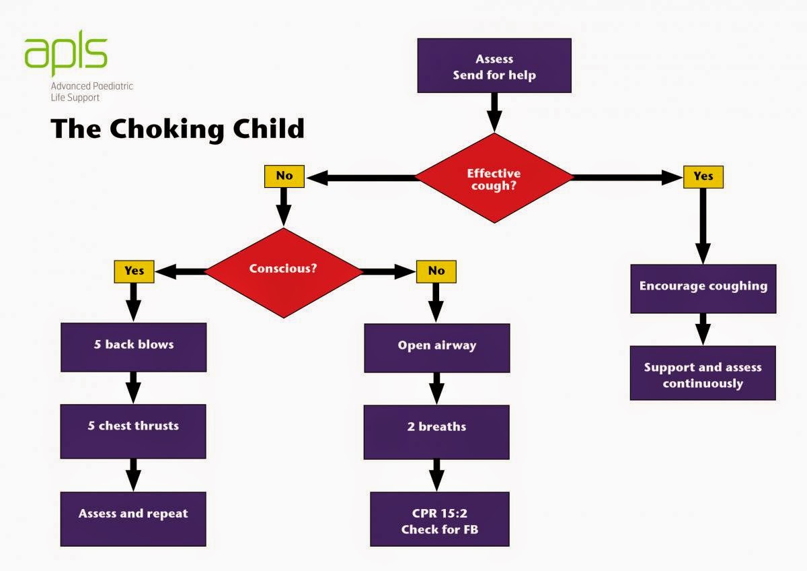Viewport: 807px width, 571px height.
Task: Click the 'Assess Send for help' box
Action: tap(494, 65)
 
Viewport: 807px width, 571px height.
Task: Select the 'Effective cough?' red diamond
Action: tap(494, 178)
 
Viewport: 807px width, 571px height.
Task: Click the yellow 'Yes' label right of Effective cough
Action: tap(703, 176)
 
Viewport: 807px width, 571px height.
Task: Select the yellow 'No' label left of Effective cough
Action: tap(284, 176)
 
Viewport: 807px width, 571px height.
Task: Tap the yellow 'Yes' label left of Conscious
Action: tap(134, 271)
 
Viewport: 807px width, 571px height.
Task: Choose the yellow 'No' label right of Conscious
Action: tap(436, 271)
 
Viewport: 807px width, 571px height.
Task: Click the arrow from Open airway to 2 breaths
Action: tap(436, 389)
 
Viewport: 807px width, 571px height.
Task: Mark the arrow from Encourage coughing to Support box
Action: tap(703, 329)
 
